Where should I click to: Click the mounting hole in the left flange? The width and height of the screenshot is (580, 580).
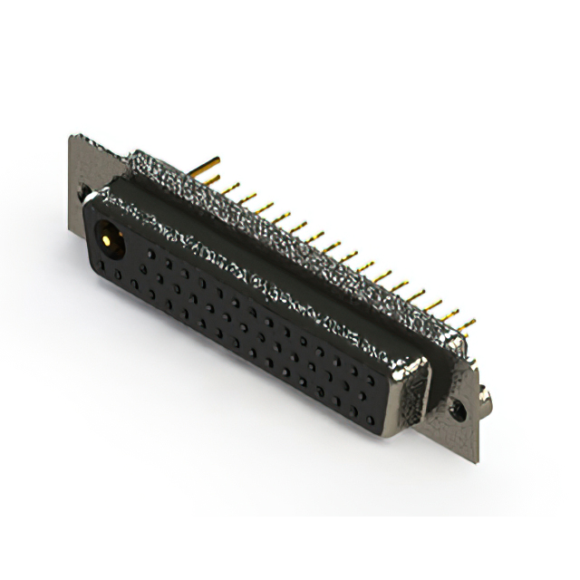point(82,193)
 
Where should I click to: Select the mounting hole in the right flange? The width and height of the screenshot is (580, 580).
point(460,411)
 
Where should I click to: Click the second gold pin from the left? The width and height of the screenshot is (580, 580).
point(230,188)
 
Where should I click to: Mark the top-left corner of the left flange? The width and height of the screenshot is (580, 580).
point(72,138)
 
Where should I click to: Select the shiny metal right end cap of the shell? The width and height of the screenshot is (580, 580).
point(412,394)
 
